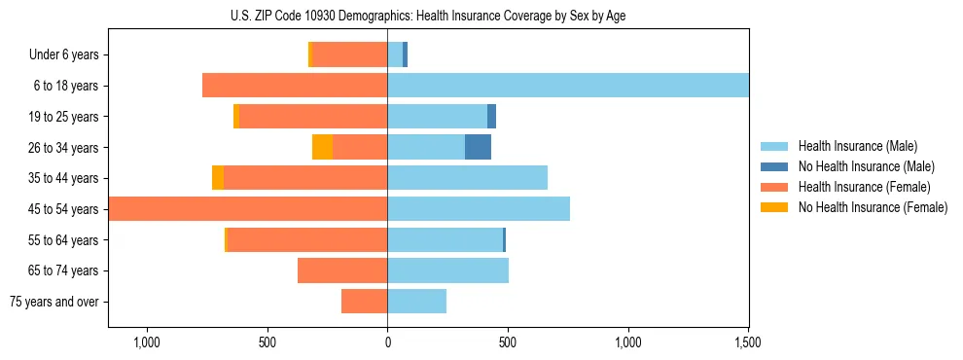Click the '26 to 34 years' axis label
(65, 147)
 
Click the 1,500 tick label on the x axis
(748, 342)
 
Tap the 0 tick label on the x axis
(387, 342)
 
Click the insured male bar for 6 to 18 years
(568, 86)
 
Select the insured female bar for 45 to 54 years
(248, 209)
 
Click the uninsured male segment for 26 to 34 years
(478, 147)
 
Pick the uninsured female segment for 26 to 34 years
(322, 147)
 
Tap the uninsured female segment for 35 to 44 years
(218, 178)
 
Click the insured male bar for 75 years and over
(416, 302)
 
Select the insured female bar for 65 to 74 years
(342, 270)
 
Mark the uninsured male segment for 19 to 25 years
(491, 117)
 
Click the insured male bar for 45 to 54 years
(479, 209)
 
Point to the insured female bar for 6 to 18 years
(295, 86)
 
